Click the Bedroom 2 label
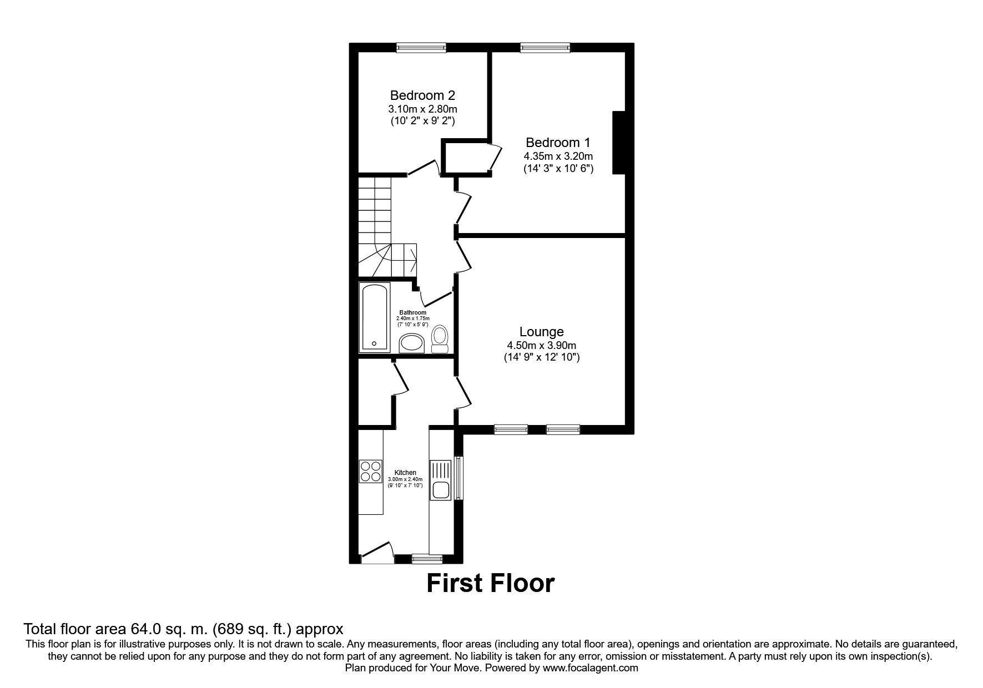[x=422, y=95]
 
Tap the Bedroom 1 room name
[x=558, y=143]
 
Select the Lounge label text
[x=541, y=332]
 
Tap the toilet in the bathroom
[x=440, y=339]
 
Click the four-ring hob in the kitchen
[x=371, y=472]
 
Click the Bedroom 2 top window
[x=421, y=48]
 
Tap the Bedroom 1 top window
[x=545, y=48]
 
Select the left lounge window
[x=511, y=429]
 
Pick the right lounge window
[x=563, y=429]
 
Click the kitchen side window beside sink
[x=458, y=478]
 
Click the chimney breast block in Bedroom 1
[x=619, y=143]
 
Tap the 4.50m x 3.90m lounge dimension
[x=541, y=345]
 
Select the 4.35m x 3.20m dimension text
[x=558, y=156]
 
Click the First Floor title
[x=490, y=583]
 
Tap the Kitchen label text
[x=405, y=473]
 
